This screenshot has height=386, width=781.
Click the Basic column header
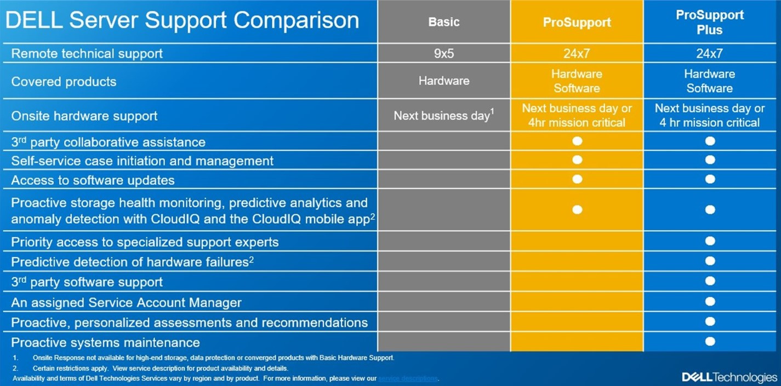point(444,22)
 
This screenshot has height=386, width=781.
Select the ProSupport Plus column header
point(709,22)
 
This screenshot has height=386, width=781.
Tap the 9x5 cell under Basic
point(444,54)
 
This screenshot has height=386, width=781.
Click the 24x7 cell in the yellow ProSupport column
point(577,54)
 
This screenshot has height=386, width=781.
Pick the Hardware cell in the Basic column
point(444,81)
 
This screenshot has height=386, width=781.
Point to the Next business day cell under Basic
point(444,116)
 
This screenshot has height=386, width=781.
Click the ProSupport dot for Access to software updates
point(577,179)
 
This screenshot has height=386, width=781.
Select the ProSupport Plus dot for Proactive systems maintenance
point(710,342)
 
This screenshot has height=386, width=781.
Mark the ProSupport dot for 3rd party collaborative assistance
point(577,141)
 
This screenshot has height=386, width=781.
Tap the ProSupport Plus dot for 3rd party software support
point(710,281)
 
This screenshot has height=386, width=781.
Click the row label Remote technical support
point(87,54)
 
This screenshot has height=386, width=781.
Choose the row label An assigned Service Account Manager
point(126,303)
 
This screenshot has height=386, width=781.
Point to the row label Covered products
point(64,82)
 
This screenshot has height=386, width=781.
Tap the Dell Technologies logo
point(729,377)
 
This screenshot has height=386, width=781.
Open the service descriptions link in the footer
point(408,378)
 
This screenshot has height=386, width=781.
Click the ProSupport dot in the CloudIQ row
point(577,209)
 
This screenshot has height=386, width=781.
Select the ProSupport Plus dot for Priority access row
point(710,241)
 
